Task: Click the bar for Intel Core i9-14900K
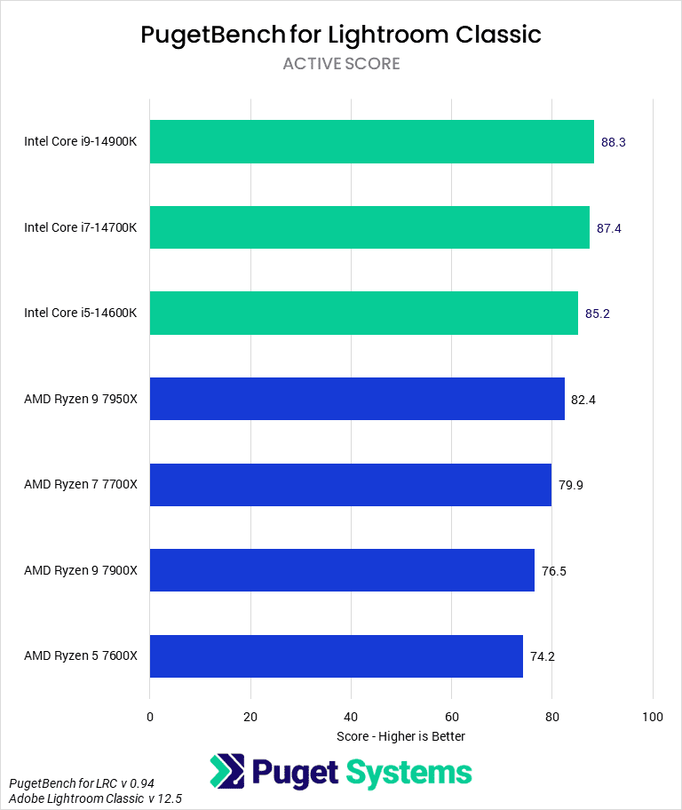pyautogui.click(x=371, y=142)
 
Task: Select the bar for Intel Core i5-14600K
pyautogui.click(x=364, y=313)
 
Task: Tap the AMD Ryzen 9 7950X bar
pyautogui.click(x=357, y=399)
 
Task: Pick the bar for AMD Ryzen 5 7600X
pyautogui.click(x=336, y=656)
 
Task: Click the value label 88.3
pyautogui.click(x=615, y=142)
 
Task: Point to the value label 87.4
pyautogui.click(x=609, y=228)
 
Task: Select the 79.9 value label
pyautogui.click(x=571, y=485)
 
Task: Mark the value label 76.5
pyautogui.click(x=554, y=571)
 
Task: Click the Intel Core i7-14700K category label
pyautogui.click(x=81, y=227)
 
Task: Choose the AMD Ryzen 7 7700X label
pyautogui.click(x=81, y=485)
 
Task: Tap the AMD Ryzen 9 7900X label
pyautogui.click(x=81, y=570)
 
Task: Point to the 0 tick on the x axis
pyautogui.click(x=150, y=717)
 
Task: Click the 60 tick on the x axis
pyautogui.click(x=451, y=717)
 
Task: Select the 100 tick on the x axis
pyautogui.click(x=653, y=717)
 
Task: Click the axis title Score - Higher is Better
pyautogui.click(x=401, y=736)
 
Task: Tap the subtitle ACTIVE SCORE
pyautogui.click(x=341, y=64)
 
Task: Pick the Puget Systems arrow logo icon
pyautogui.click(x=227, y=772)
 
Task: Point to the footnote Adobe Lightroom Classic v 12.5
pyautogui.click(x=95, y=799)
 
